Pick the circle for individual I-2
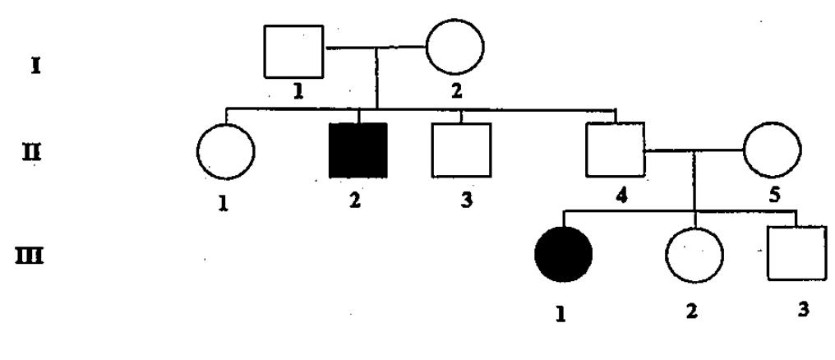click(454, 46)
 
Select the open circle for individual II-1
click(225, 152)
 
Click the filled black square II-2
click(358, 150)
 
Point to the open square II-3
click(460, 150)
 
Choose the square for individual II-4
click(614, 149)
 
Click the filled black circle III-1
click(563, 253)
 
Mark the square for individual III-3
click(795, 253)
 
